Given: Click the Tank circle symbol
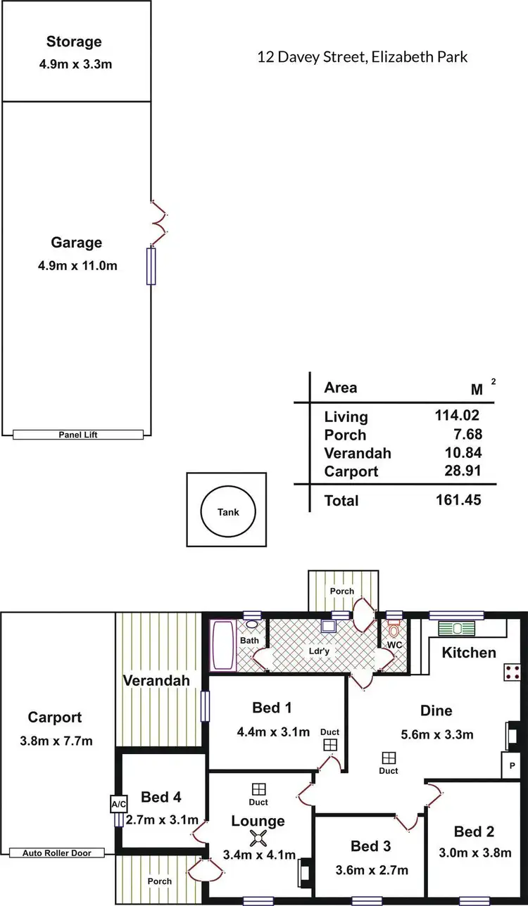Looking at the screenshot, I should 227,511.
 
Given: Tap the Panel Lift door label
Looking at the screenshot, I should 77,435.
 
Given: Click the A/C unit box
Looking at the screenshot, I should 117,804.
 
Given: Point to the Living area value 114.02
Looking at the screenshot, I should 459,416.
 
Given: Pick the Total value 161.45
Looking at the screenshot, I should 459,500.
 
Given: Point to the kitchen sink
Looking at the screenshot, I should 458,629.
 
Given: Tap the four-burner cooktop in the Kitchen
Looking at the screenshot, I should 511,672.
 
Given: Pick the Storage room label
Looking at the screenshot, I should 74,42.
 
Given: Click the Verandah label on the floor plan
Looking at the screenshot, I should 156,680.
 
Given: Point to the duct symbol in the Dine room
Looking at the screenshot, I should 389,758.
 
